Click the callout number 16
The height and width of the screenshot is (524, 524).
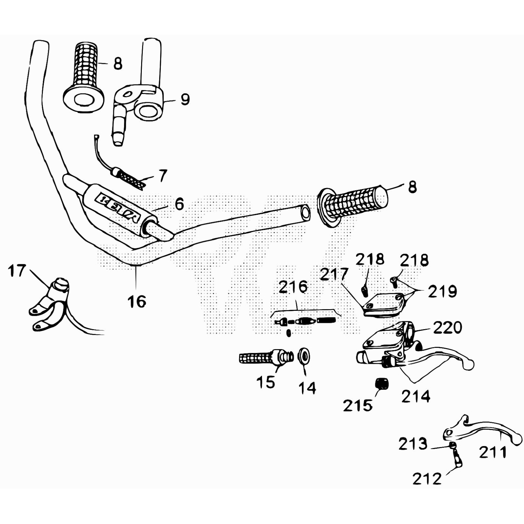(x=137, y=302)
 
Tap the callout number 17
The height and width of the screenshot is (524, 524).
(x=17, y=271)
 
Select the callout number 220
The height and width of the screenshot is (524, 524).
(x=447, y=327)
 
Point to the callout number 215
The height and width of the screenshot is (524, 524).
(x=358, y=406)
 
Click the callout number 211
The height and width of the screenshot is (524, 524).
(x=493, y=453)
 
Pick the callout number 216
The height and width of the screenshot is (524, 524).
(x=293, y=287)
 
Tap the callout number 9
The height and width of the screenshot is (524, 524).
(x=185, y=99)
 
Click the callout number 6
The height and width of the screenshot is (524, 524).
(x=179, y=204)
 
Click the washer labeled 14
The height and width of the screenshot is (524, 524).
(x=304, y=356)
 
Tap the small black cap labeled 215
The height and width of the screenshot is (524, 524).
(x=381, y=384)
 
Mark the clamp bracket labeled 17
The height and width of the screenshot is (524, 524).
(x=51, y=305)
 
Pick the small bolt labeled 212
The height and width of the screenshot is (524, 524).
(x=456, y=458)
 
